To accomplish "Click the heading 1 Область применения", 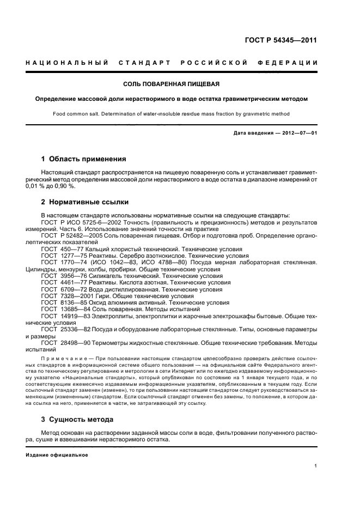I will tap(84, 160).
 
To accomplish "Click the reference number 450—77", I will tap(72, 248).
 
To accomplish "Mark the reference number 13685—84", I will tap(76, 309).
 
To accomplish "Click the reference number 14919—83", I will tap(76, 317).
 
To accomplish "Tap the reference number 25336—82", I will tap(76, 330).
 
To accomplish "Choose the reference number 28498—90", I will tap(76, 343).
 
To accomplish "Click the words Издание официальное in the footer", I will tap(57, 454).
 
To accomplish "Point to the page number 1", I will tap(316, 466).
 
